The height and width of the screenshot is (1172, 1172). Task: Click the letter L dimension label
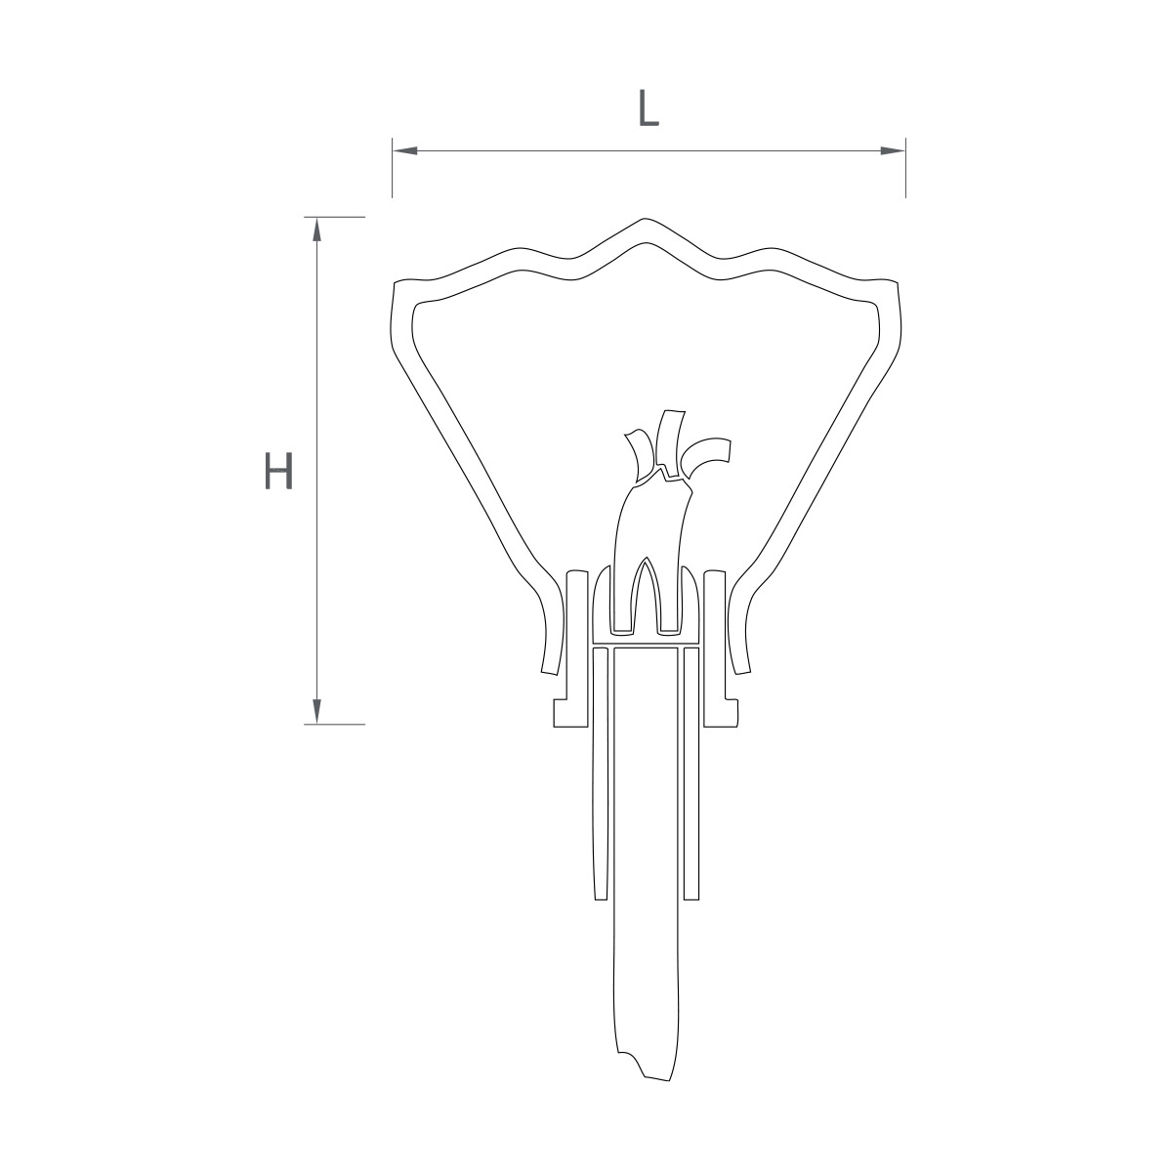[x=649, y=108]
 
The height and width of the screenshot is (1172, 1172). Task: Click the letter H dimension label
[x=279, y=471]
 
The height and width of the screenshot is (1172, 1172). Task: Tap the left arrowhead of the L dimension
[x=405, y=150]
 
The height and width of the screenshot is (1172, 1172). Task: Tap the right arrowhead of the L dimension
[x=893, y=150]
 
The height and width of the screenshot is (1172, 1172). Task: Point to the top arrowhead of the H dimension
[x=316, y=230]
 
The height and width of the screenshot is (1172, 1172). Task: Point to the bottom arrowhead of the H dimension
[x=316, y=711]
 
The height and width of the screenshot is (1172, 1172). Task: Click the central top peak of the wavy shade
[x=646, y=220]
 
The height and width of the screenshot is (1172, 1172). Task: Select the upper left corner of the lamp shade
[x=397, y=283]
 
